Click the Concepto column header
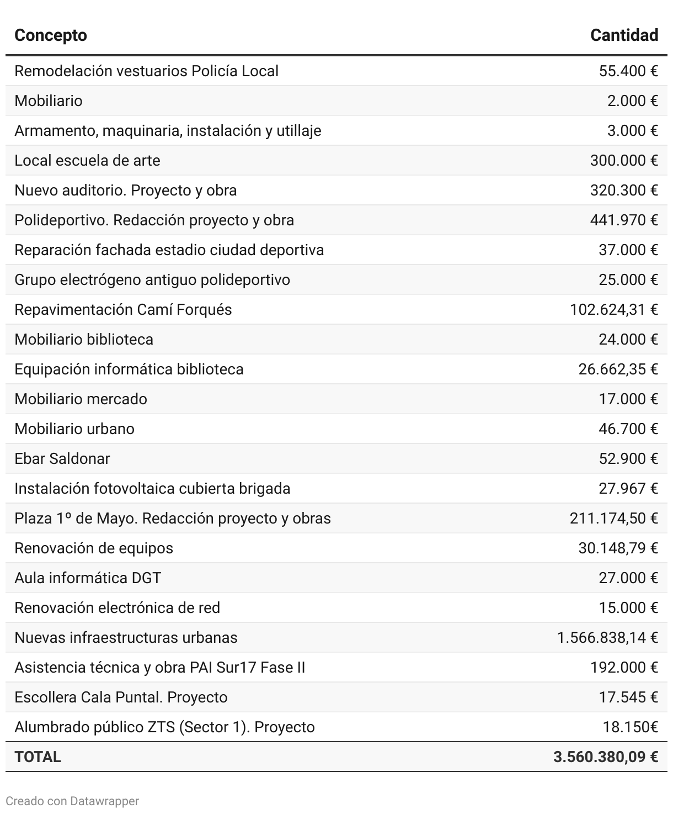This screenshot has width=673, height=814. point(51,35)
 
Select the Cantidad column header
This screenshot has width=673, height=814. point(624,35)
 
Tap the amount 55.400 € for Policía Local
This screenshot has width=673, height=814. point(628,71)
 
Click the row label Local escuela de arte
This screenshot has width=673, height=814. point(87,161)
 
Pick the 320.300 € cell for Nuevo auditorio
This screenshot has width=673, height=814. point(624,191)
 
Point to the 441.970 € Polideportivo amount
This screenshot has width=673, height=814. point(624,220)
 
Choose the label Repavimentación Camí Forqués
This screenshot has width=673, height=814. point(123,310)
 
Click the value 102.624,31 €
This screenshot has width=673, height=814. point(614,310)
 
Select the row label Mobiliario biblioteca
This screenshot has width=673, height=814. point(84,340)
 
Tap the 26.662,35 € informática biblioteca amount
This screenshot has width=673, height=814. point(618,369)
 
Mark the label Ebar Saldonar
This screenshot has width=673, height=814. point(62,459)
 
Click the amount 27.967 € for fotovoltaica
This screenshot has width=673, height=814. point(628,489)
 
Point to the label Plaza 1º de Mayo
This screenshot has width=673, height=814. point(173,519)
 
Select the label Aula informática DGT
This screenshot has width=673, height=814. point(88,578)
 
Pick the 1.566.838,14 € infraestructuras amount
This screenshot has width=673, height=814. point(607,638)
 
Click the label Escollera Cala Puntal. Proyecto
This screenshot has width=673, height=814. point(121,697)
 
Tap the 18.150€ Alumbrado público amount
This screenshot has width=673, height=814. point(631,727)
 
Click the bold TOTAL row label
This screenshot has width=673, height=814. point(38,757)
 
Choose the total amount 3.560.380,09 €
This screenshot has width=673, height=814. point(606,757)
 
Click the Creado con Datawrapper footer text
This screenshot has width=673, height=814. point(72,801)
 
